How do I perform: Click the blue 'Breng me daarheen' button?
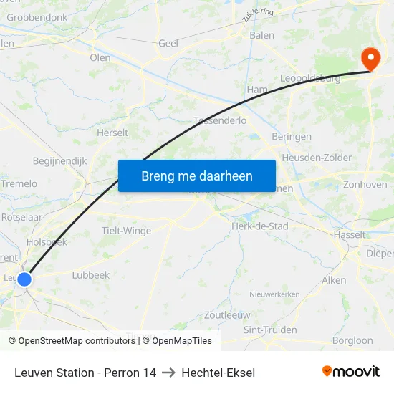[x=197, y=176]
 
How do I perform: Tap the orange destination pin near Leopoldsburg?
[x=370, y=58]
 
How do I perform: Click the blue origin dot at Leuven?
[x=24, y=279]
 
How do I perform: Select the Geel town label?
[x=168, y=44]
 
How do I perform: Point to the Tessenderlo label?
[x=220, y=121]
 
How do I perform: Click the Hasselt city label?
[x=350, y=234]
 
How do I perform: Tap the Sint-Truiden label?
[x=270, y=330]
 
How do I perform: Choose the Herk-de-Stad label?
[x=259, y=226]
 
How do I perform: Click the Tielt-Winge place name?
[x=127, y=231]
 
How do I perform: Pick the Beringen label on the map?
[x=292, y=136]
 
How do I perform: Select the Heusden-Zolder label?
[x=317, y=158]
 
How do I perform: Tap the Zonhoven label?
[x=365, y=184]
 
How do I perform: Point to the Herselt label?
[x=112, y=133]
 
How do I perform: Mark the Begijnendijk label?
[x=59, y=161]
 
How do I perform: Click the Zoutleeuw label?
[x=227, y=315]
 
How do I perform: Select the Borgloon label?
[x=352, y=341]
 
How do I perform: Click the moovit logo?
[x=351, y=371]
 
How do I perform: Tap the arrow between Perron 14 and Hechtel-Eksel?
[x=168, y=373]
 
